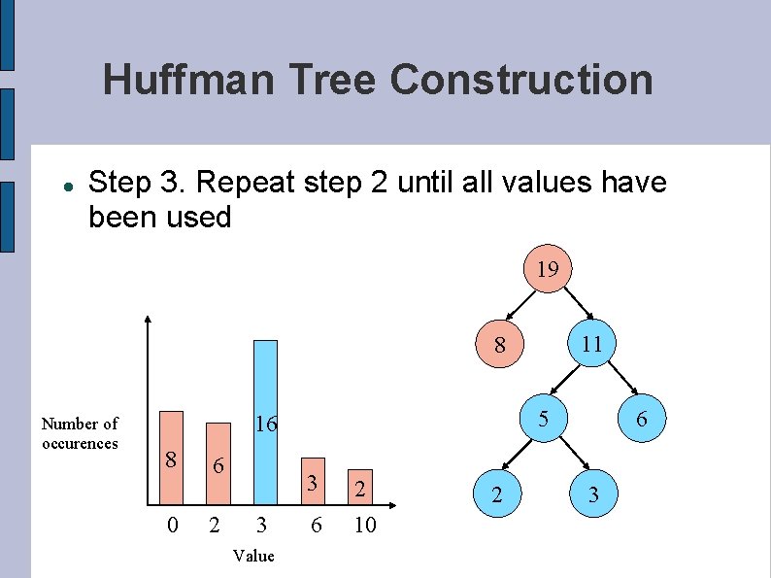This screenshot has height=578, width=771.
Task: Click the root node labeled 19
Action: click(x=548, y=268)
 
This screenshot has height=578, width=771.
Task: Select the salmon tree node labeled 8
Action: click(x=499, y=344)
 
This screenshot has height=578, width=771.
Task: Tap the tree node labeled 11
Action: click(x=591, y=344)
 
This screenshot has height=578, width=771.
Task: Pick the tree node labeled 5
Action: click(x=545, y=418)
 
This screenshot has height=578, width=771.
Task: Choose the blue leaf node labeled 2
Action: click(x=497, y=495)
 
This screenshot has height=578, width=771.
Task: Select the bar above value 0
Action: click(x=171, y=459)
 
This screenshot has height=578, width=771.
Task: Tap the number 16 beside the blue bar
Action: click(x=266, y=424)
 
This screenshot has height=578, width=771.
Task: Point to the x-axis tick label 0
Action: click(x=172, y=526)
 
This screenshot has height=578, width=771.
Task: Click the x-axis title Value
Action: click(x=253, y=556)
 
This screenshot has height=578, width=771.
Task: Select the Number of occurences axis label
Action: click(x=80, y=433)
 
